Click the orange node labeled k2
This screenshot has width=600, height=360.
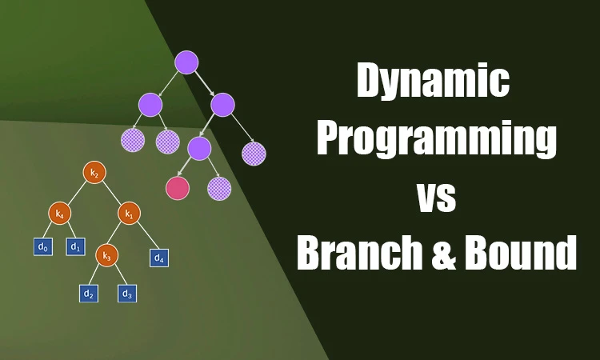94,173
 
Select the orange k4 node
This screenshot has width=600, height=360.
59,214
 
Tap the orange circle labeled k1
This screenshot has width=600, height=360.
130,214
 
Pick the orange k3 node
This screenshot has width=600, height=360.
106,255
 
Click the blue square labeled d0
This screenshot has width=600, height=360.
43,247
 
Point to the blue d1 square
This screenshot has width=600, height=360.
75,247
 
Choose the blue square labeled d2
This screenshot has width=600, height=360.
89,294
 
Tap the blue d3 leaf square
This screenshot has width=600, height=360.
126,294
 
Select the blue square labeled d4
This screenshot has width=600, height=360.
158,258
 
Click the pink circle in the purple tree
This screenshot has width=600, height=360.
177,188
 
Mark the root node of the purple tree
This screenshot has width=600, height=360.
186,62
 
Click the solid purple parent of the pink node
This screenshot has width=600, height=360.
199,148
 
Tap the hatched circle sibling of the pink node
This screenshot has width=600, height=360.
219,189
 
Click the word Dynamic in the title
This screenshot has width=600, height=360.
433,82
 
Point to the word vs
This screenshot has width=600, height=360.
436,196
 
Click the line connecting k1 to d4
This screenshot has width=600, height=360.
145,237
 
